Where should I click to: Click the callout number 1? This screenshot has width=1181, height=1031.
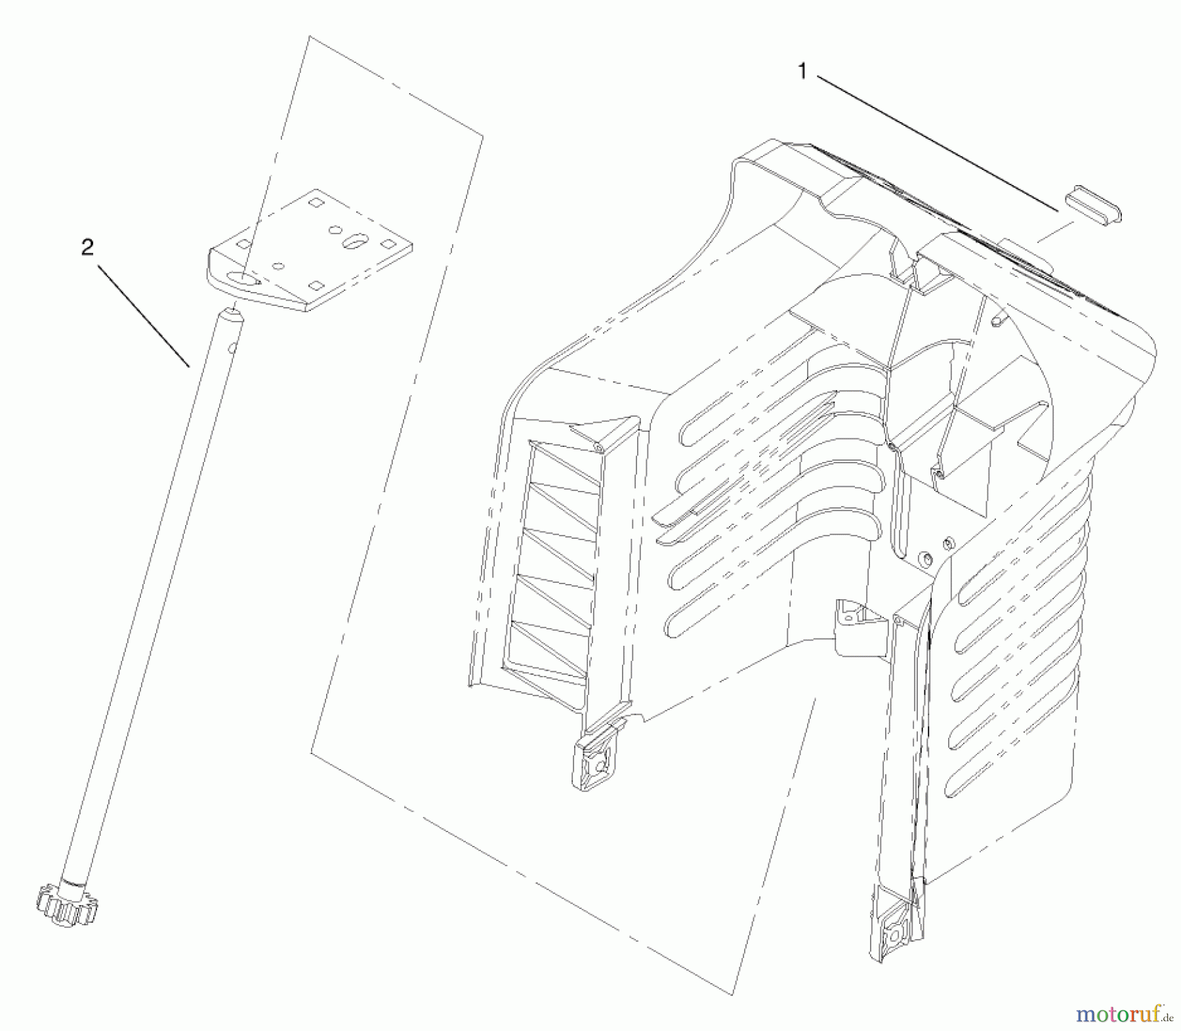(x=802, y=72)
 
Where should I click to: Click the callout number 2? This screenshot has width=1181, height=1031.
(x=87, y=247)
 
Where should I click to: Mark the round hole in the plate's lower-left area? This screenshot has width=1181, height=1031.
(x=280, y=266)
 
